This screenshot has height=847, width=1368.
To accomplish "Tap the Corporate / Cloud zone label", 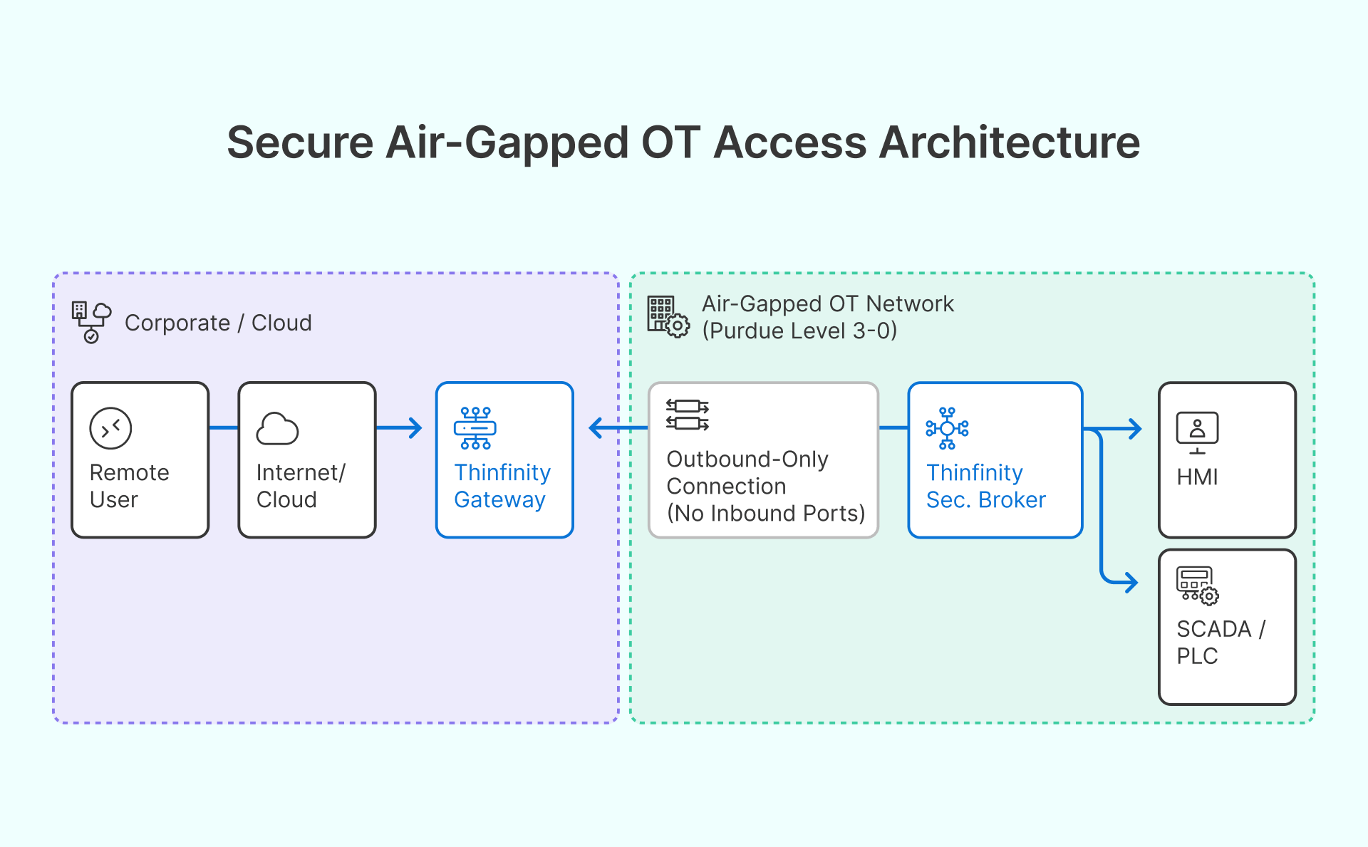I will coord(218,323).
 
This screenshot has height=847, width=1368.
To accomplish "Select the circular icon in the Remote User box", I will coord(110,428).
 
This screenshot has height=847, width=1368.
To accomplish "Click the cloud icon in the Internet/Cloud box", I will coord(277,429).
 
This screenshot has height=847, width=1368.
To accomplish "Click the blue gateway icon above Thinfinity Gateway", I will coord(475,428).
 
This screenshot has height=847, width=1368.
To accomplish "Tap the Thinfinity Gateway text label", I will coord(502,486).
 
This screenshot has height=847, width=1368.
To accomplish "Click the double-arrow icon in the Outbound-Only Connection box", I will coord(688,415).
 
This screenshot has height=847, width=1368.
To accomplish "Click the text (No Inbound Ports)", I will coord(766,514).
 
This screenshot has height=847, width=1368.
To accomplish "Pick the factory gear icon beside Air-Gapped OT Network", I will coord(668,316).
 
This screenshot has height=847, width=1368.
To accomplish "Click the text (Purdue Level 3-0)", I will coord(799,331).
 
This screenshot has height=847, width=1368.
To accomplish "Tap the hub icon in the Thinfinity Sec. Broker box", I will coord(947,428).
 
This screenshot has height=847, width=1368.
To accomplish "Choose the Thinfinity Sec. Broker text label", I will coord(985,486).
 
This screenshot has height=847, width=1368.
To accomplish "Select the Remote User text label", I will coord(129,486).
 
